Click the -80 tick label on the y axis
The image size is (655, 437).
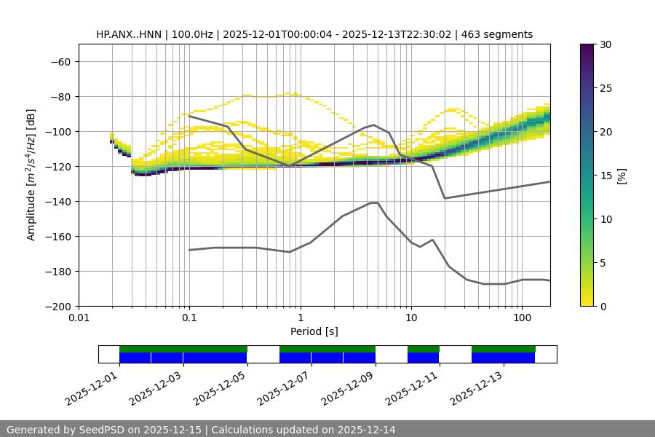pyautogui.click(x=60, y=97)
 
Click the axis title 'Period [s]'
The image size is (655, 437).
pyautogui.click(x=314, y=331)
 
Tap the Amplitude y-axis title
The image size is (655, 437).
pyautogui.click(x=31, y=175)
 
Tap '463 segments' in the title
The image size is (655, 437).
pyautogui.click(x=502, y=35)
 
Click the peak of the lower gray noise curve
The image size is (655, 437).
pyautogui.click(x=374, y=202)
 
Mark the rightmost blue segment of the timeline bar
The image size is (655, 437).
pyautogui.click(x=503, y=358)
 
